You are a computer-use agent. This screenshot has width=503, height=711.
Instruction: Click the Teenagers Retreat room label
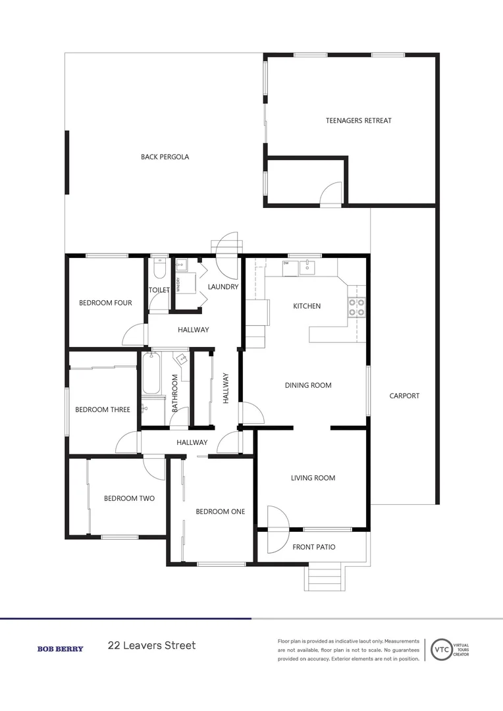[x=359, y=120]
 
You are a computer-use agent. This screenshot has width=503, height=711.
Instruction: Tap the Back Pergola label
[x=165, y=157]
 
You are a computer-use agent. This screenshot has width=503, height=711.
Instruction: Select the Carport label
[x=404, y=396]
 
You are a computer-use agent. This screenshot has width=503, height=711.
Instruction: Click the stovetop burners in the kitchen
[x=356, y=307]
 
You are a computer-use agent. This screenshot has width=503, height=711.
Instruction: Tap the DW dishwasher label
[x=286, y=263]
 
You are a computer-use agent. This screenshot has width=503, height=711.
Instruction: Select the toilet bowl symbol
[x=159, y=271]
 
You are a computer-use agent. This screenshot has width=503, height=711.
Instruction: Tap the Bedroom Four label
[x=105, y=303]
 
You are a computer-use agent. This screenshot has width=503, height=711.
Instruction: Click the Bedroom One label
[x=221, y=512]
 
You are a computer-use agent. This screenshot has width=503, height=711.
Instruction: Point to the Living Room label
[x=313, y=478]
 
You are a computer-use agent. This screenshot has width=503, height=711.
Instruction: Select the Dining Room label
[x=307, y=385]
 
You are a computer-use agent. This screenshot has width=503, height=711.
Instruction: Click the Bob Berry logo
[x=60, y=648]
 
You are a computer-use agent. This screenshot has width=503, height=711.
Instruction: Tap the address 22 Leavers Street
[x=151, y=645]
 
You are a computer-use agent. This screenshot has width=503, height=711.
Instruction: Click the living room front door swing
[x=277, y=520]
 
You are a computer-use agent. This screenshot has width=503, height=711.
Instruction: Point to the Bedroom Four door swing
[x=135, y=334]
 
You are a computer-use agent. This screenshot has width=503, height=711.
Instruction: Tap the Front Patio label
[x=313, y=546]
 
